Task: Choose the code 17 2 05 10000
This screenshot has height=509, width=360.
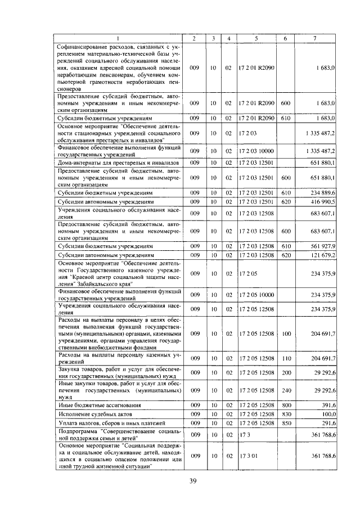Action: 256,295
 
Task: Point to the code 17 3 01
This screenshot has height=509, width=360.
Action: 247,456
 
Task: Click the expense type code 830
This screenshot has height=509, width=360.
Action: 285,414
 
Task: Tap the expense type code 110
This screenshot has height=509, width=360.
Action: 285,358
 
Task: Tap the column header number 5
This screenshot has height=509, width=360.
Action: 256,38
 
